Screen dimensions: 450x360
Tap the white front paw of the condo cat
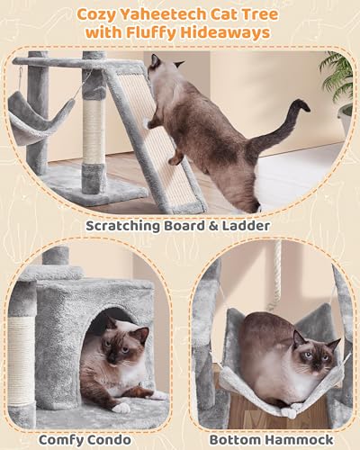(119, 406)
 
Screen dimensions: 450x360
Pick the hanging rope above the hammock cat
(276, 274)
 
